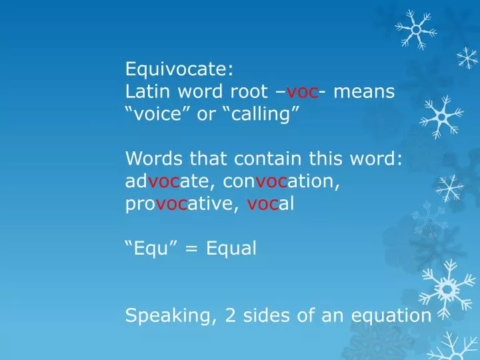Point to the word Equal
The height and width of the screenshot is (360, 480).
[x=231, y=249]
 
